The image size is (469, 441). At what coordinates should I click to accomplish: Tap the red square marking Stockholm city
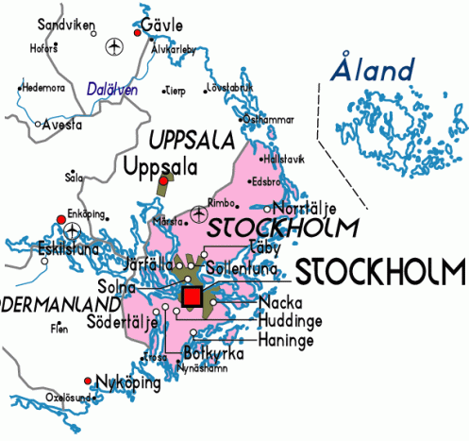[x=191, y=297]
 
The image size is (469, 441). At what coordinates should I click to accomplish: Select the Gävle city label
[x=161, y=25]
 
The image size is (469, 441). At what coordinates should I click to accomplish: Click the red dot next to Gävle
[x=138, y=33]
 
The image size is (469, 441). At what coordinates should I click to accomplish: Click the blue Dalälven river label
[x=111, y=89]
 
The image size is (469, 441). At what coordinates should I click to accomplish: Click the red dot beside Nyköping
[x=88, y=382]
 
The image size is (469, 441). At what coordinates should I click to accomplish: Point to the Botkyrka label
[x=214, y=353]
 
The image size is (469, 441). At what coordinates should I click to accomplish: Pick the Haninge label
[x=280, y=336]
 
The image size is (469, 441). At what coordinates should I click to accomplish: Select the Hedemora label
[x=42, y=88]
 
